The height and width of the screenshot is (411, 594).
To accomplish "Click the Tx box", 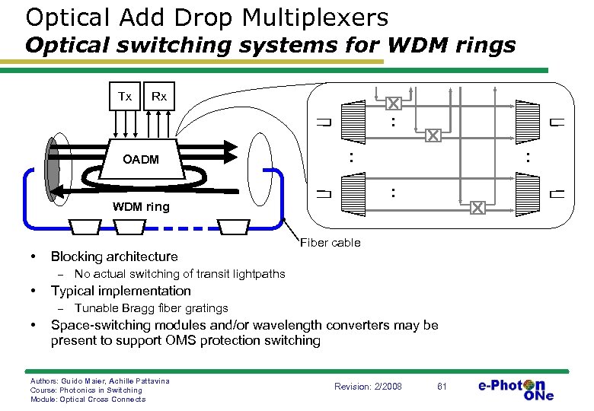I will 125,97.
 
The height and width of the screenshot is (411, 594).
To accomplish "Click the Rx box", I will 158,97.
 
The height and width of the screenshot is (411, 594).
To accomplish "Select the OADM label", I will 142,159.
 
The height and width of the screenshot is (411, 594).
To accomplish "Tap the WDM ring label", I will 141,207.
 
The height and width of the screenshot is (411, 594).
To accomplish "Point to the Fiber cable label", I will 331,243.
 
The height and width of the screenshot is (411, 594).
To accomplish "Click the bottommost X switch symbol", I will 477,208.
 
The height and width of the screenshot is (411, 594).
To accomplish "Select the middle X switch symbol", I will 433,135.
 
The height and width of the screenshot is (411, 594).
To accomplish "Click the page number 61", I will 441,386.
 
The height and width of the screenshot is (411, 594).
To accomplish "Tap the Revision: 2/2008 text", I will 368,386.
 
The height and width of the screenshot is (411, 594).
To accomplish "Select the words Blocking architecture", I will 114,256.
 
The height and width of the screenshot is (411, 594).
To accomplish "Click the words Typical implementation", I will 120,291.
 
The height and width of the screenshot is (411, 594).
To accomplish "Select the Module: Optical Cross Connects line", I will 87,400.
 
